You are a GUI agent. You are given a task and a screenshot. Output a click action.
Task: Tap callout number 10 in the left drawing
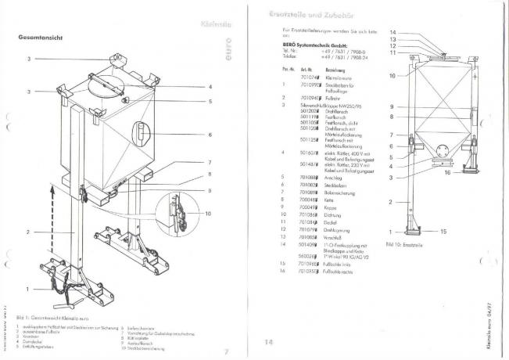208,214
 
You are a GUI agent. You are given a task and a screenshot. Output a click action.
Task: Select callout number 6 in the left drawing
210,135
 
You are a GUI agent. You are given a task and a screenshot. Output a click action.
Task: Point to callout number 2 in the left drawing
27,232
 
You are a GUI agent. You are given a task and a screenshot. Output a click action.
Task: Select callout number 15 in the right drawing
443,232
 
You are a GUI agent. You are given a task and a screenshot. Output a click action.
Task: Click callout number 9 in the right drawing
390,106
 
